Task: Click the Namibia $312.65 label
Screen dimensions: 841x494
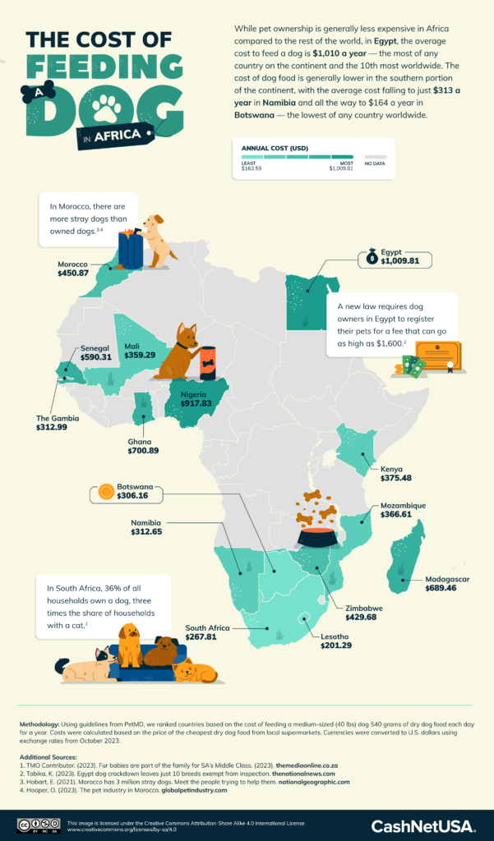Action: point(152,527)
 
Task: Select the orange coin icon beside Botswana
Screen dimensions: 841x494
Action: point(106,493)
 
